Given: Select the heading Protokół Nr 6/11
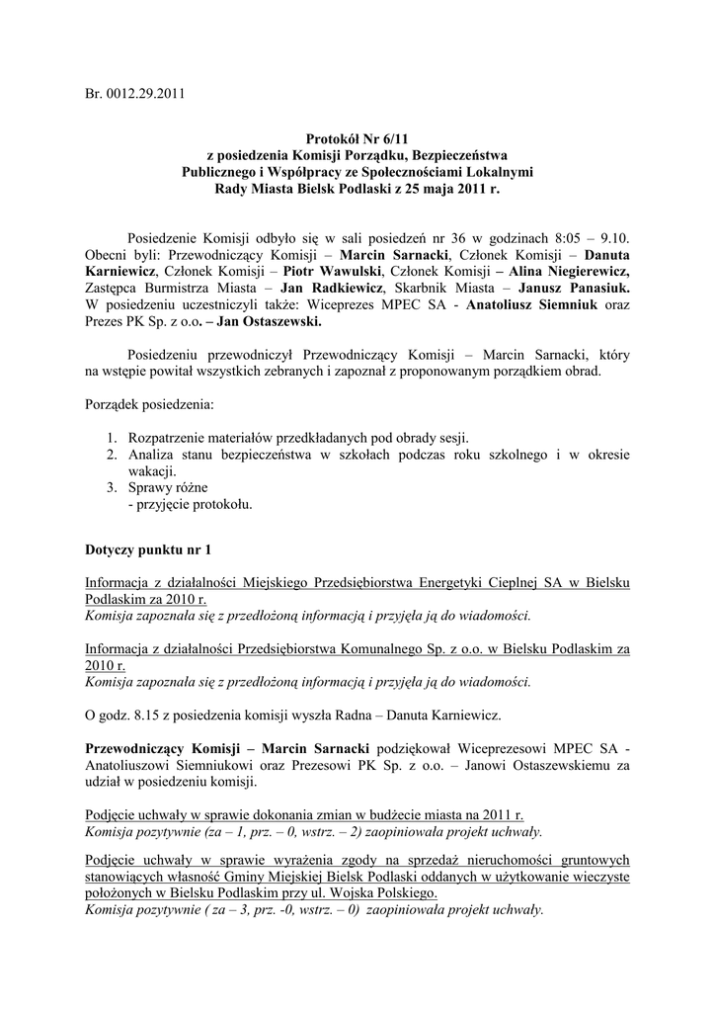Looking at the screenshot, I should click(357, 140).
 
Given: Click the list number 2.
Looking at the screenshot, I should click(112, 455).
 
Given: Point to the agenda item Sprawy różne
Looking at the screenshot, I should click(168, 487).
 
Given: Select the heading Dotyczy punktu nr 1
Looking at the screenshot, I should click(148, 548).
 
